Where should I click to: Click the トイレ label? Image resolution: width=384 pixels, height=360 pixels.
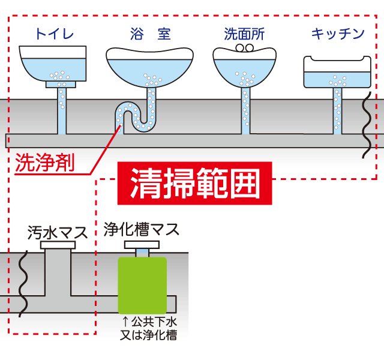pos(54,34)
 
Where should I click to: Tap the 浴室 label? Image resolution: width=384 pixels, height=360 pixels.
pos(150,34)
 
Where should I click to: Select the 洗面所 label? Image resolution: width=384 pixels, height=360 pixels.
pos(244,34)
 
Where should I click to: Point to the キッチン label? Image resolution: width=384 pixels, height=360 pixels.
pos(338,34)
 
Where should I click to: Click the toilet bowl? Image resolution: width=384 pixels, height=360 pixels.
pos(54,65)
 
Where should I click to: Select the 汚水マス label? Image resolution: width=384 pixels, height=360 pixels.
pos(57,232)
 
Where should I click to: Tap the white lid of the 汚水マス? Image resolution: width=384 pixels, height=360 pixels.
pos(59,245)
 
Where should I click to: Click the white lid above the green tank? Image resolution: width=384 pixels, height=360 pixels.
pos(142,245)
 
